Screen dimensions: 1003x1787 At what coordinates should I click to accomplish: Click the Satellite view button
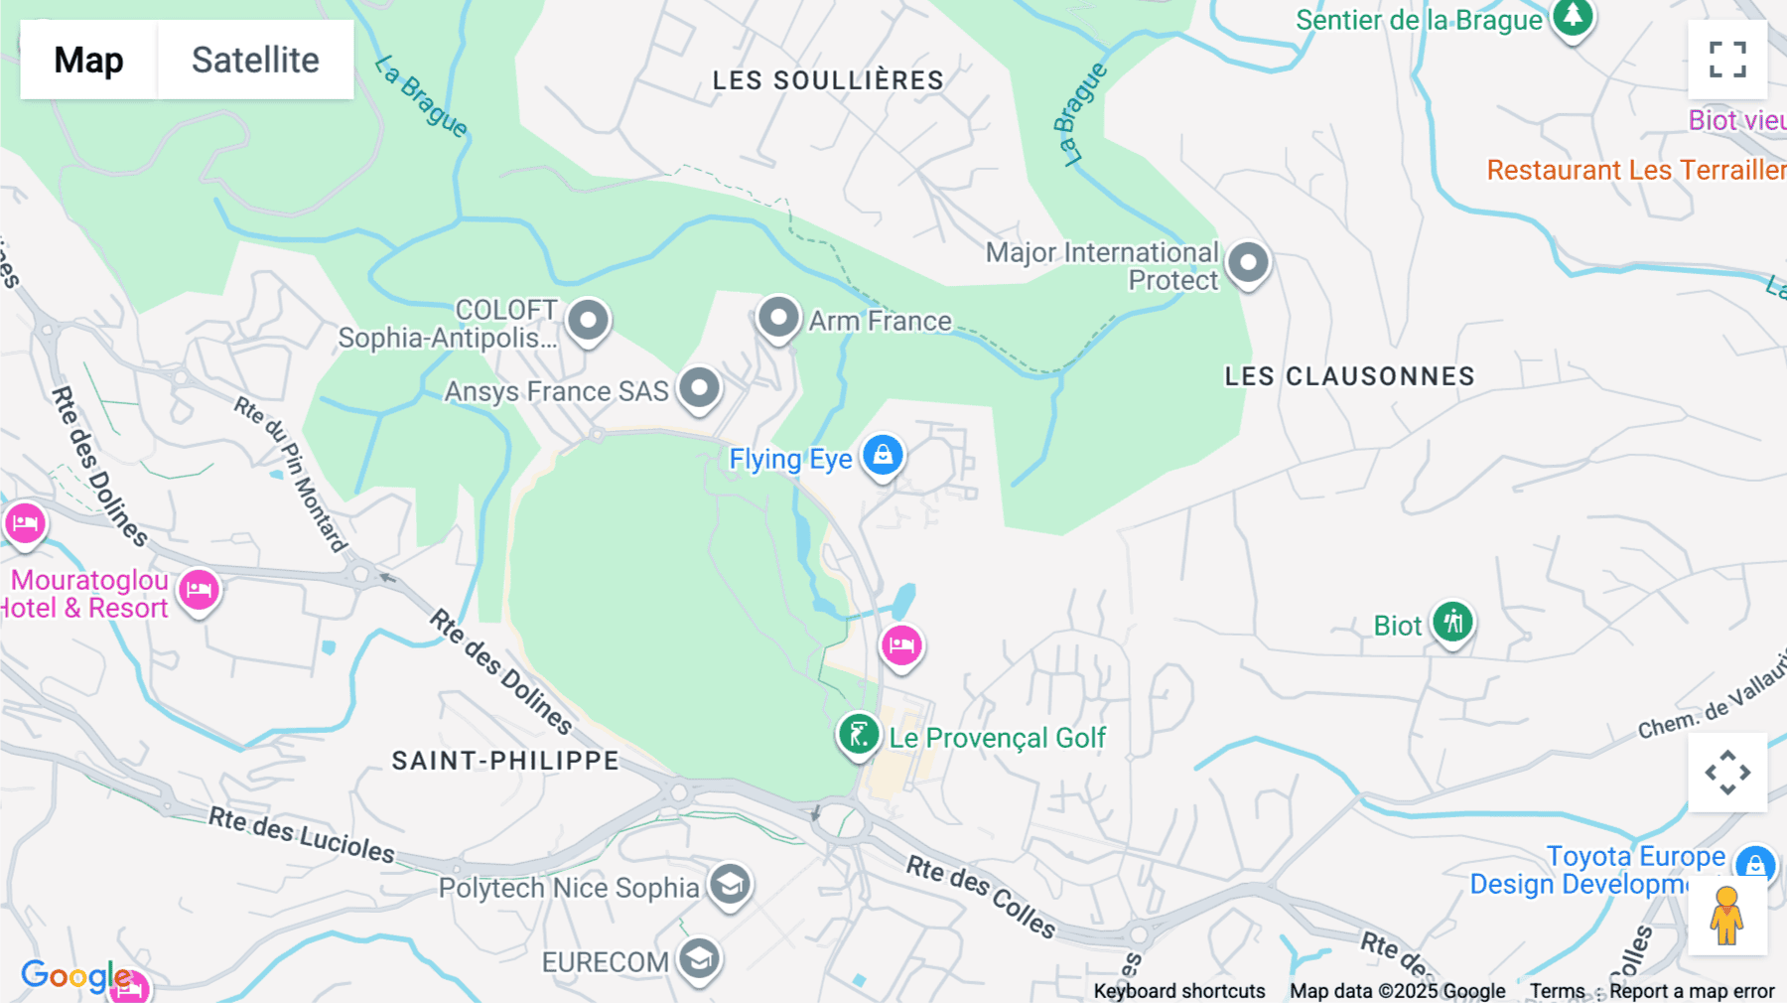click(x=255, y=60)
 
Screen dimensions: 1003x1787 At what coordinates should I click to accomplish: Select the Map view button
click(x=88, y=60)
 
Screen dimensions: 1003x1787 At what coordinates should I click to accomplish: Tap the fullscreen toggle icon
click(x=1727, y=60)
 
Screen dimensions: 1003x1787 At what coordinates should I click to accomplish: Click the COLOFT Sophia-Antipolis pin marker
click(x=588, y=321)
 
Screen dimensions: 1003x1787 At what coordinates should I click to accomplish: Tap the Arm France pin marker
click(x=778, y=319)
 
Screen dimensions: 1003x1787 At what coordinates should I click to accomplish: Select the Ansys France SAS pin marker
click(x=699, y=387)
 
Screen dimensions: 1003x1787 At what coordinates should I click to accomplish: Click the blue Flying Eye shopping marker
click(x=883, y=456)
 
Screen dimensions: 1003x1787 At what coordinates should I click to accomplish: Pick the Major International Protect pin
click(x=1248, y=263)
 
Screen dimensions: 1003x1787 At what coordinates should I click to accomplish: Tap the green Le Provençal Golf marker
click(x=859, y=735)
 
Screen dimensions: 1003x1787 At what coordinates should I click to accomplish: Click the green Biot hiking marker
click(x=1452, y=623)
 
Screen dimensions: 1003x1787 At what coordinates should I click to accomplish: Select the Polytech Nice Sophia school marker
click(x=731, y=884)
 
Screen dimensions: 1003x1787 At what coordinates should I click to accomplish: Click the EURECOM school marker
click(x=700, y=959)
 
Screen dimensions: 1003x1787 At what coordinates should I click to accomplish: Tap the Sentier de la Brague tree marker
click(x=1573, y=17)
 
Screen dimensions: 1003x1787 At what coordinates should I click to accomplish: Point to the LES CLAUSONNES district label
click(x=1349, y=376)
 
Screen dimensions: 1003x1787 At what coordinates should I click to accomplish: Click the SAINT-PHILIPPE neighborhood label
click(x=505, y=761)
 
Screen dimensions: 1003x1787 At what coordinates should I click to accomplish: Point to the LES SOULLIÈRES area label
click(x=828, y=80)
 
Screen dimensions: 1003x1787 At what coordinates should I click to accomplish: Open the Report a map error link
click(x=1692, y=991)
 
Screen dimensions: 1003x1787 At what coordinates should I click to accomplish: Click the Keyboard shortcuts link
click(x=1179, y=991)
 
